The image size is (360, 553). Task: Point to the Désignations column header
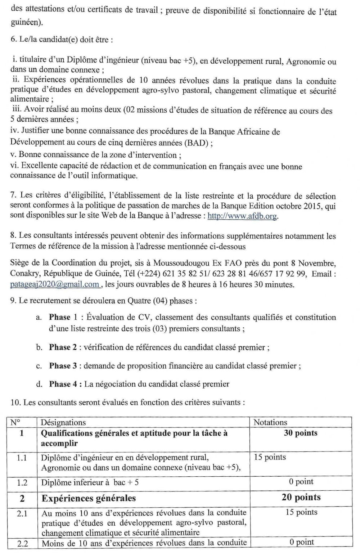click(63, 422)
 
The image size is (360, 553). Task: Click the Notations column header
click(270, 422)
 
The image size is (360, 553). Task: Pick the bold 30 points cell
click(301, 433)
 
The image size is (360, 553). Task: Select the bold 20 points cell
click(301, 498)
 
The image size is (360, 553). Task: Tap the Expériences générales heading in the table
click(89, 498)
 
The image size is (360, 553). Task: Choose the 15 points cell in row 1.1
click(270, 457)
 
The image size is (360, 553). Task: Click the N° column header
click(15, 422)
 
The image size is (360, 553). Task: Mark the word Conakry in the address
click(23, 274)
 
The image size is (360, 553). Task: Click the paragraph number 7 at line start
click(14, 196)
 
